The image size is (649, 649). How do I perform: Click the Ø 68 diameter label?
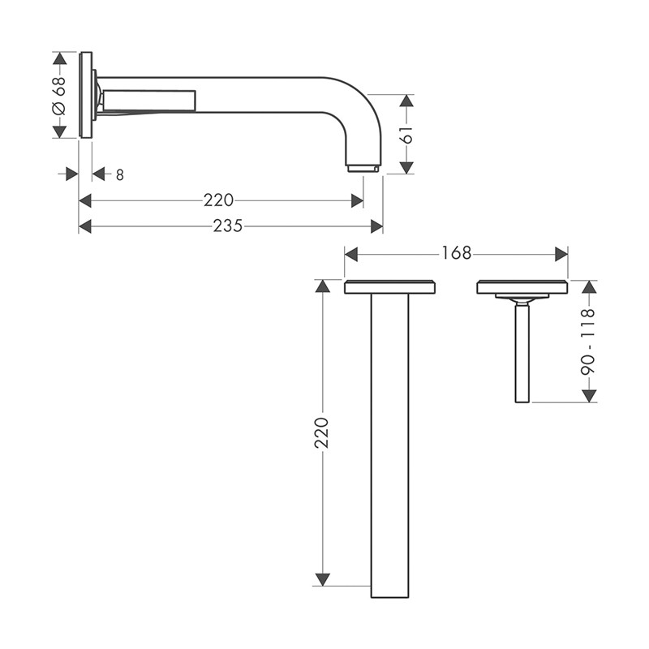pyautogui.click(x=59, y=95)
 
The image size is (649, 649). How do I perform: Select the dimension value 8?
pyautogui.click(x=119, y=175)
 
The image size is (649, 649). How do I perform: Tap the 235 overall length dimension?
pyautogui.click(x=228, y=226)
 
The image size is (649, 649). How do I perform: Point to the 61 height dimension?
pyautogui.click(x=407, y=135)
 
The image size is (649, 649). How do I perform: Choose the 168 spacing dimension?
pyautogui.click(x=456, y=253)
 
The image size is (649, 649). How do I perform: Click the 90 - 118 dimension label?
pyautogui.click(x=587, y=341)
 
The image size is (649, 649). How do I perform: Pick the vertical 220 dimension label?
pyautogui.click(x=321, y=433)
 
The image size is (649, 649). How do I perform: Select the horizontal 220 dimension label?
pyautogui.click(x=218, y=200)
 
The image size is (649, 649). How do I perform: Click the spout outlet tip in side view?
pyautogui.click(x=363, y=168)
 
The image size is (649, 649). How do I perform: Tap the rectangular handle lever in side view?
pyautogui.click(x=149, y=100)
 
